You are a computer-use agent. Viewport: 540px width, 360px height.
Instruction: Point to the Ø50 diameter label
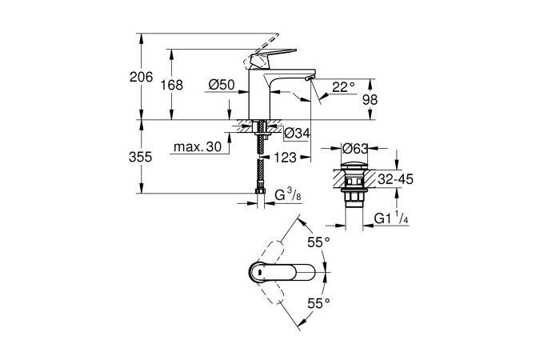coord(221,85)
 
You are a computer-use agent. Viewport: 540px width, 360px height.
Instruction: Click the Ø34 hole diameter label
coord(298,133)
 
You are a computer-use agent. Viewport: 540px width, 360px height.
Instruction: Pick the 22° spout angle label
coord(343,86)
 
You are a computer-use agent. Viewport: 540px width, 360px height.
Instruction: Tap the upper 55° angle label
coord(320,241)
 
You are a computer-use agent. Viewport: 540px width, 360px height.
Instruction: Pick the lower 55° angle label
coord(320,304)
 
